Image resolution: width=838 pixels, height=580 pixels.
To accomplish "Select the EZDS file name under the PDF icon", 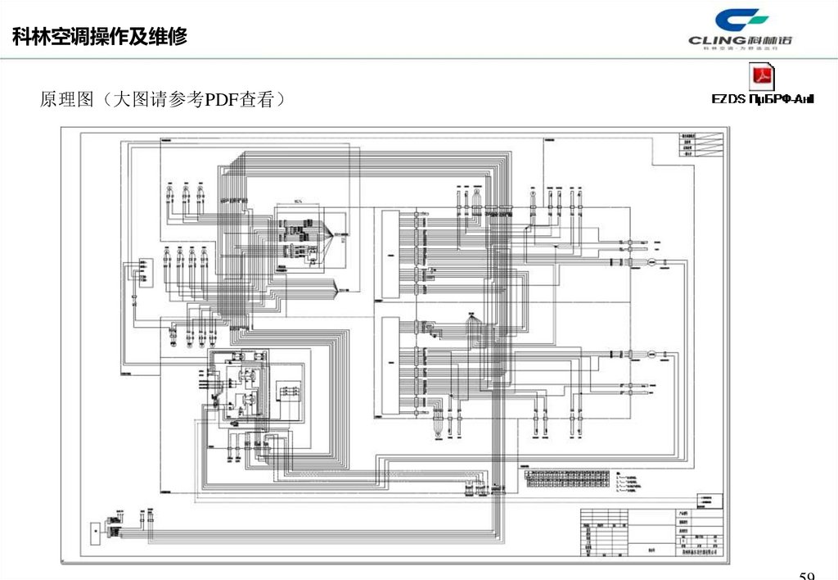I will [762, 99].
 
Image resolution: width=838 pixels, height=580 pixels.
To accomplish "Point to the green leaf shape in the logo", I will [755, 17].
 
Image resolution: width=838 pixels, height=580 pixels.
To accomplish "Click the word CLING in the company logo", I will [717, 39].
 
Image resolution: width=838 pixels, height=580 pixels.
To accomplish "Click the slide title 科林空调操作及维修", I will [100, 37].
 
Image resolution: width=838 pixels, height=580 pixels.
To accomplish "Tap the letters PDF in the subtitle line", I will [221, 100].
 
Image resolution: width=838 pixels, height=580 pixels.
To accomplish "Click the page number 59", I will [807, 574].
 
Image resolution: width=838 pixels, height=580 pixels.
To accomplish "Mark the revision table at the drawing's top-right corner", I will [691, 143].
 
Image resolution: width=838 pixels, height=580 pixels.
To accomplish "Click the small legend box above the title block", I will [709, 501].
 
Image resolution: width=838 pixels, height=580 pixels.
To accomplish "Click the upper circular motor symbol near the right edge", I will [642, 262].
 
